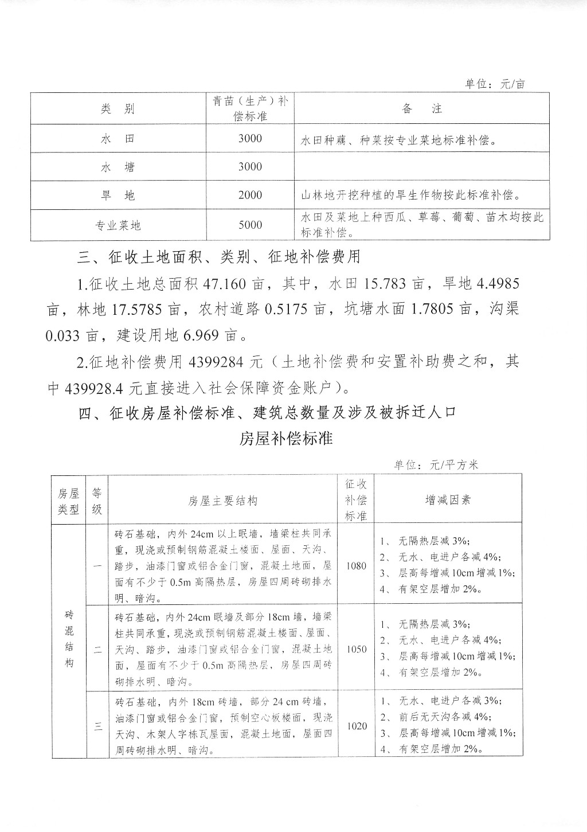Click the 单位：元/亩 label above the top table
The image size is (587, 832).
(494, 84)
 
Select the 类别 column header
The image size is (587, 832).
(117, 110)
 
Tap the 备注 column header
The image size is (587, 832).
(421, 109)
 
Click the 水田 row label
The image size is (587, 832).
(117, 139)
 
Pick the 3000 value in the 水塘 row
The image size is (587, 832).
(250, 167)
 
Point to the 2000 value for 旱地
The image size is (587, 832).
(250, 196)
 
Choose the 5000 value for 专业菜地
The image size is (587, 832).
(250, 225)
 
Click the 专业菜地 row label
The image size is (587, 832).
(118, 225)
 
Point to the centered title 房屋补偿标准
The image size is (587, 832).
(285, 439)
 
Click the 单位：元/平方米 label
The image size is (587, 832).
(436, 465)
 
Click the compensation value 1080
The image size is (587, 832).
(356, 565)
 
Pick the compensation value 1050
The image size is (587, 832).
(356, 649)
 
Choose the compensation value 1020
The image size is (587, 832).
(356, 726)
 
